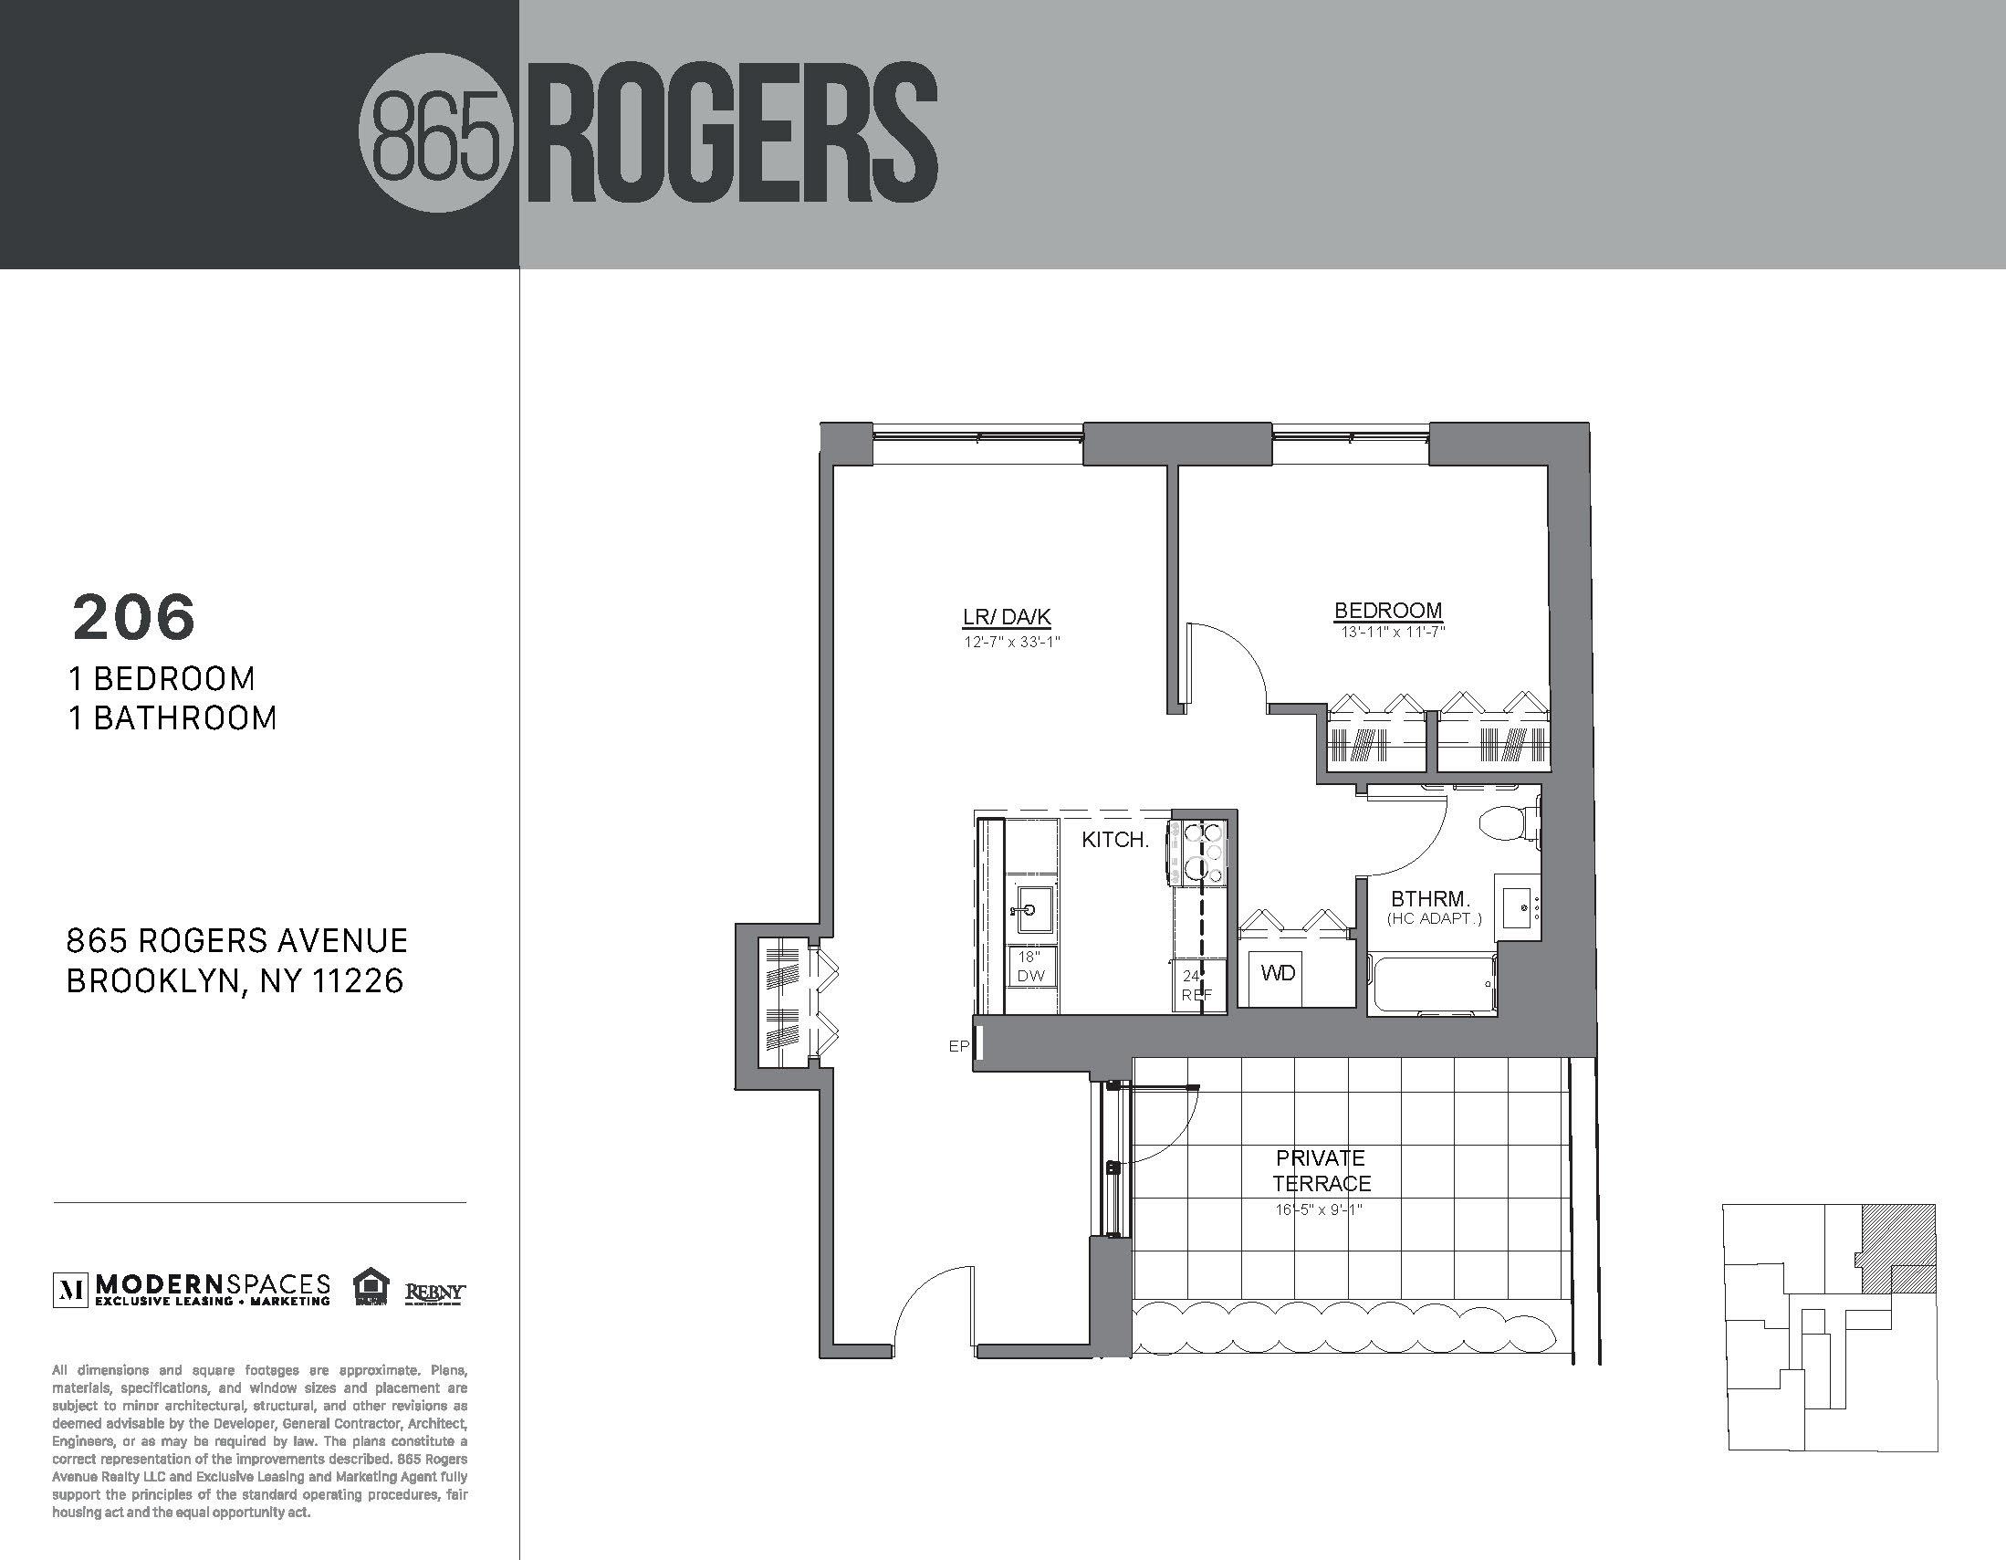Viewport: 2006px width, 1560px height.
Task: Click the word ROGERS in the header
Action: (x=732, y=136)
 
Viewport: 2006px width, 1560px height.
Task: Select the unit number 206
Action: (x=134, y=617)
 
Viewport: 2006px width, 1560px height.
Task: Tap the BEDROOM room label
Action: (x=1388, y=610)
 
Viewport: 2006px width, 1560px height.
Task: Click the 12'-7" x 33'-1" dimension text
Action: (x=1011, y=643)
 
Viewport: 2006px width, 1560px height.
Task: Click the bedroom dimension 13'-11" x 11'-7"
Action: (x=1393, y=632)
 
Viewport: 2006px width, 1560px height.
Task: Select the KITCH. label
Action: (x=1115, y=840)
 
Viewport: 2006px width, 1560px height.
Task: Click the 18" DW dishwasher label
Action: (x=1030, y=967)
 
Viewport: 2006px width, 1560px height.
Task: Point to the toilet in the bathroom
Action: (x=1507, y=823)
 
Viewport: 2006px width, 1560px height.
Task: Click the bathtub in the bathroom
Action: (x=1433, y=984)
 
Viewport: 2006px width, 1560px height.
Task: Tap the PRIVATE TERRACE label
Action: (x=1321, y=1170)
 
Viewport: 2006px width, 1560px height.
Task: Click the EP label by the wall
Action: (x=958, y=1045)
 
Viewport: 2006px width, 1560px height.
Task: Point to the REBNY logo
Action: (x=435, y=1293)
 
